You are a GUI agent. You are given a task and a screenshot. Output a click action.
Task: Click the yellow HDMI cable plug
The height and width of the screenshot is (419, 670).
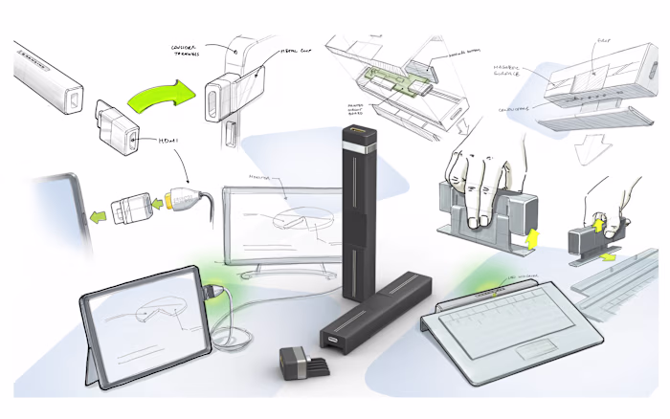coord(169,201)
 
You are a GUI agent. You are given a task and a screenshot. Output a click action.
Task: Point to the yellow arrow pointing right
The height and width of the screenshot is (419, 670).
coord(609,257)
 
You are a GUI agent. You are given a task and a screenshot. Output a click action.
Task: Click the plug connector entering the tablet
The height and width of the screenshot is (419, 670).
coord(213,289)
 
